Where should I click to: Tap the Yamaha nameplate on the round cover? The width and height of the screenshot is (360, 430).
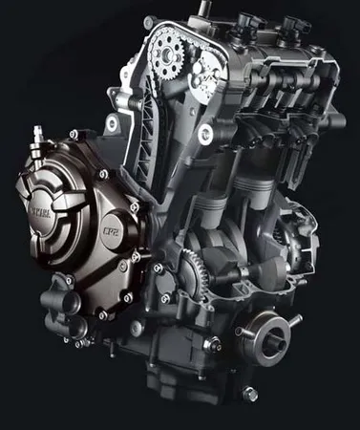coord(42,204)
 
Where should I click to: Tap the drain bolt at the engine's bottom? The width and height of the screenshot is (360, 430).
coord(250,393)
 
